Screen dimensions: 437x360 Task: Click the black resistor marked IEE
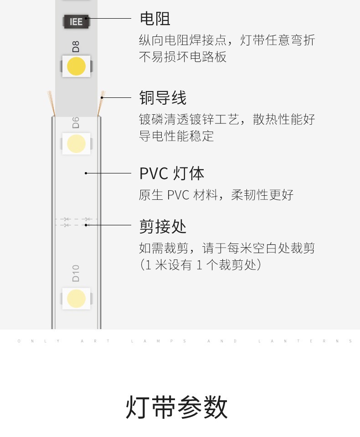76,21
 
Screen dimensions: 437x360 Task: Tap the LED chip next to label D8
76,66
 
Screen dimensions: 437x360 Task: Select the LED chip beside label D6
76,143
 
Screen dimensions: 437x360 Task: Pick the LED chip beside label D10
76,299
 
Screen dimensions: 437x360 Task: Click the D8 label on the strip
76,46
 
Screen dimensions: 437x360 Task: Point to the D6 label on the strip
76,122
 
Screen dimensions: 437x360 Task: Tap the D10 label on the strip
76,273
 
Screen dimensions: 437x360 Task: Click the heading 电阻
155,19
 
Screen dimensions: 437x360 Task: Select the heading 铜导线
163,98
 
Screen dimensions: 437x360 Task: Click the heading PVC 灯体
172,173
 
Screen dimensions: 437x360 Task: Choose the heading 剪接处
163,226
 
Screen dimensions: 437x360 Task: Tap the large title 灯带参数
177,407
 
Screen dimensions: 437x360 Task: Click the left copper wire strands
51,103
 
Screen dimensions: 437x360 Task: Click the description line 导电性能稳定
176,136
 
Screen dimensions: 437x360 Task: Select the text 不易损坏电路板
183,57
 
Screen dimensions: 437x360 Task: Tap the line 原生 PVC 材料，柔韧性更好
216,195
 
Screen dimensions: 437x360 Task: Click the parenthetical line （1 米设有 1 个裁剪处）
201,265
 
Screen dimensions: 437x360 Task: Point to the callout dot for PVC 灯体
86,173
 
